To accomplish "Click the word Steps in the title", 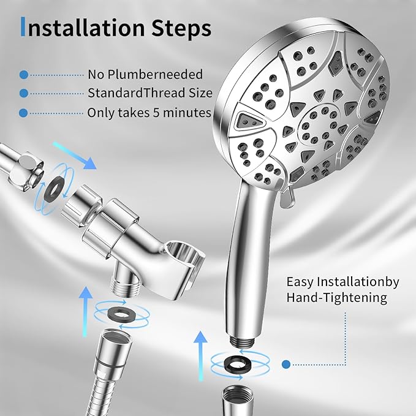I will click(182, 28).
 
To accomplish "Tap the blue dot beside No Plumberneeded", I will click(24, 74).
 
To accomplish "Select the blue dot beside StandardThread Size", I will click(24, 94).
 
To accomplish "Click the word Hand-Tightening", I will click(336, 298).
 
